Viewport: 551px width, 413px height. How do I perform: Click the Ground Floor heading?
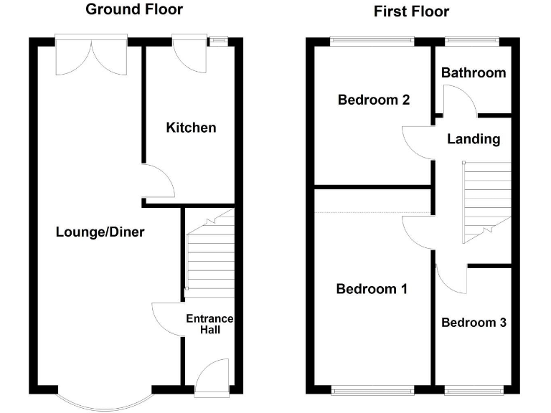coord(134,9)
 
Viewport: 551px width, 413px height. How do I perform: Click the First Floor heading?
coord(411,11)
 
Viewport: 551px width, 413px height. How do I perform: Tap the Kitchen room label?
coord(191,128)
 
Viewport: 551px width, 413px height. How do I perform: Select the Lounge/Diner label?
coord(100,232)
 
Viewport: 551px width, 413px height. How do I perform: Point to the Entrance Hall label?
coord(209,324)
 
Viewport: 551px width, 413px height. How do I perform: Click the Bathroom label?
coord(473,72)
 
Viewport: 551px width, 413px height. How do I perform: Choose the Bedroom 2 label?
coord(374,100)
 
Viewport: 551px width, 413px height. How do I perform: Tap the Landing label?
coord(473,139)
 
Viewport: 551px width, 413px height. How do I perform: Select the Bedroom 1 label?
coord(372,289)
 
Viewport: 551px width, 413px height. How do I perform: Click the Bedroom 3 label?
coord(474,323)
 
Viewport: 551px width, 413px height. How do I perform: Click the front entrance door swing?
coord(212,377)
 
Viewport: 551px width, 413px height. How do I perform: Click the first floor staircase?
coord(486,201)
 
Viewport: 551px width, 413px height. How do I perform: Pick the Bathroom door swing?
coord(458,101)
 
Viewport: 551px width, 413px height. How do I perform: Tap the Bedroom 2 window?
coord(372,41)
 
